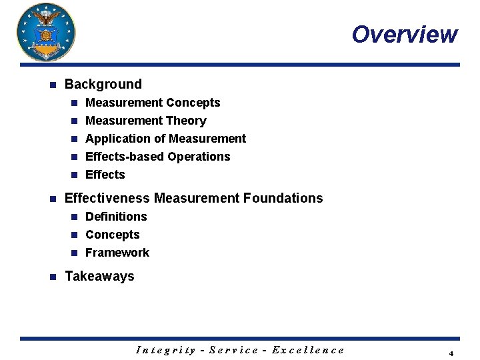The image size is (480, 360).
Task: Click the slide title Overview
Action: coord(405,34)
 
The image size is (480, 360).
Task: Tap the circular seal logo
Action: coord(46,32)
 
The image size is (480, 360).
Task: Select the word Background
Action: coord(103,84)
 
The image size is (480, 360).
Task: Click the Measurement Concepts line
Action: coord(153,103)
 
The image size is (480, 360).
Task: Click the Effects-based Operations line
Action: coord(158,157)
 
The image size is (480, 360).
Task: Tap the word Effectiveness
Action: coord(107,198)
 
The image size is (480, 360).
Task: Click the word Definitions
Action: coord(116,217)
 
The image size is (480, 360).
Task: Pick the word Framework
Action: coord(117,253)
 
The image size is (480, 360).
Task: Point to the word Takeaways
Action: coord(99,276)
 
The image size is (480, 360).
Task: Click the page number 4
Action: coord(451,353)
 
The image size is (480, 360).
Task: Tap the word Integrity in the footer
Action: coord(166,349)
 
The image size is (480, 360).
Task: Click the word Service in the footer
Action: coord(234,349)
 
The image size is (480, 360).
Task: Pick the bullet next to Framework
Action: coord(75,253)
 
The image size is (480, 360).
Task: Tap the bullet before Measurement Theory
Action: coord(75,121)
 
